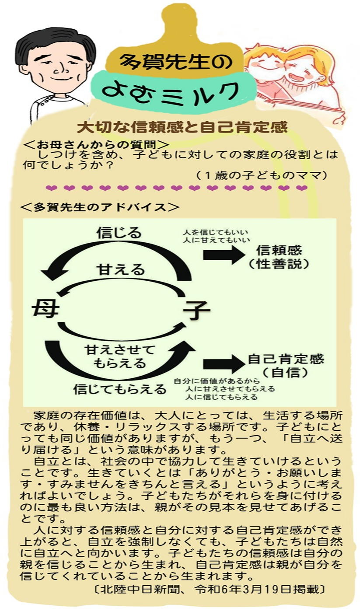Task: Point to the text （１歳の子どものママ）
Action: pyautogui.click(x=262, y=175)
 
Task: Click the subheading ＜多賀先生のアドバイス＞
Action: pyautogui.click(x=100, y=207)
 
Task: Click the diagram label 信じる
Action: pyautogui.click(x=119, y=232)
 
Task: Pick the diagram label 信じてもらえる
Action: pyautogui.click(x=120, y=388)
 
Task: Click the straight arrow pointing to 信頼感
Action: pyautogui.click(x=223, y=255)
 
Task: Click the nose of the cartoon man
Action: pyautogui.click(x=58, y=70)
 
